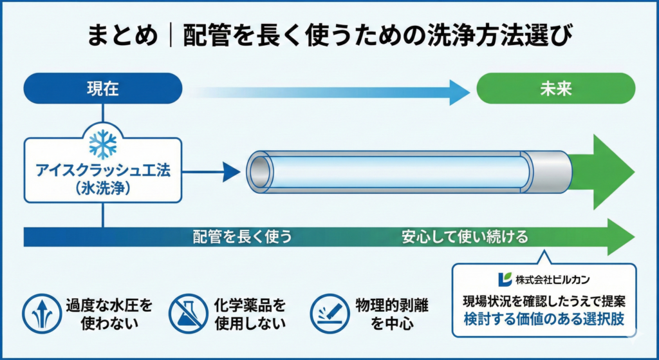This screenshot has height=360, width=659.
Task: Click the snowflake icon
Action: click(x=102, y=144)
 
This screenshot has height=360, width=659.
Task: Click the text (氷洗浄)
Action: click(x=102, y=189)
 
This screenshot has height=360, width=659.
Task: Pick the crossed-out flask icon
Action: click(x=188, y=313)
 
